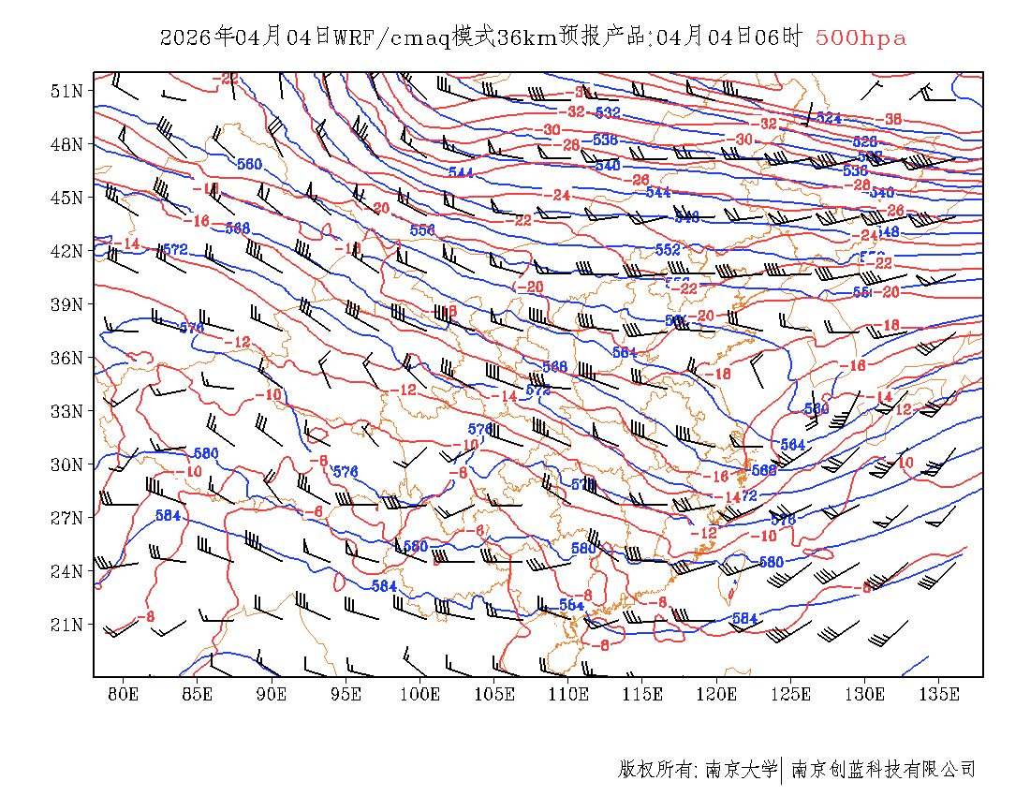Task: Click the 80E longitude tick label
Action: [x=124, y=694]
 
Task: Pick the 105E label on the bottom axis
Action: [x=494, y=694]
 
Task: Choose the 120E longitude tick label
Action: [x=717, y=694]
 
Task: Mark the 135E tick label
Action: [x=940, y=694]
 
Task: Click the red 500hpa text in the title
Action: [x=861, y=37]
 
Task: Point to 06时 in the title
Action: [x=781, y=37]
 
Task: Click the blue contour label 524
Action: [x=829, y=117]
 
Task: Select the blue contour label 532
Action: [x=608, y=113]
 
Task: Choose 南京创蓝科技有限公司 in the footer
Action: [x=884, y=770]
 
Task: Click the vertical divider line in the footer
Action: [x=782, y=770]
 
